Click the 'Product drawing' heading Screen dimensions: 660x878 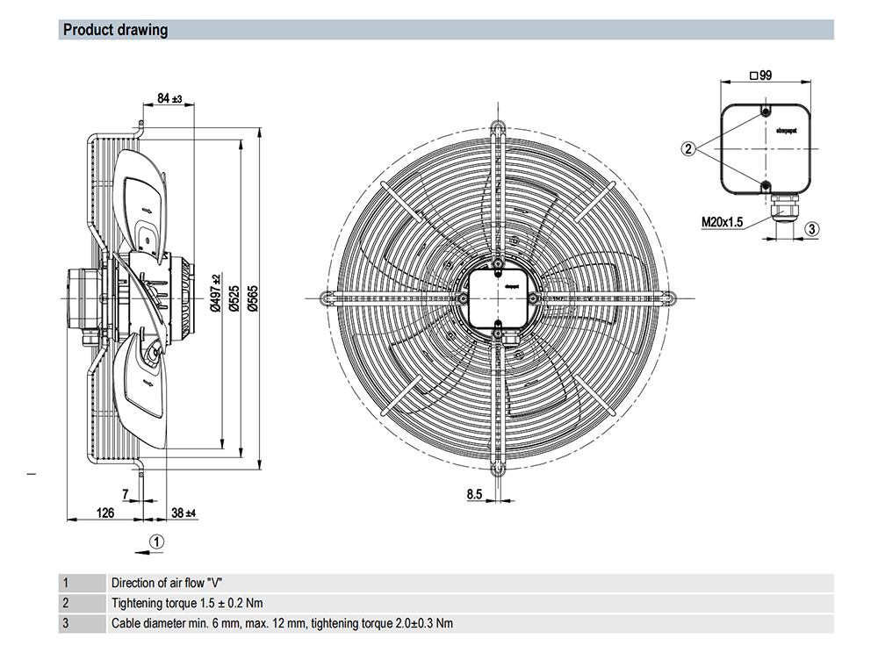point(115,31)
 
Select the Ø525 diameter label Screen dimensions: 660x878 point(234,298)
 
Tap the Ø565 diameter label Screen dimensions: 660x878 point(253,298)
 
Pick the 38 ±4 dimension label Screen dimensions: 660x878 point(184,513)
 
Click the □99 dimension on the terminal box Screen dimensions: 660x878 point(760,76)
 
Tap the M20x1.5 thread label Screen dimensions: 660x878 point(722,222)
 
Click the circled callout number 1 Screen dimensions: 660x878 point(155,541)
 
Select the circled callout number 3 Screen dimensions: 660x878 point(811,229)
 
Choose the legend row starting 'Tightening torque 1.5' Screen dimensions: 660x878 point(187,604)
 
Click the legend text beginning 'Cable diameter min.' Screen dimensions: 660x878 point(282,624)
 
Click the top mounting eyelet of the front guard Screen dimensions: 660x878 point(498,125)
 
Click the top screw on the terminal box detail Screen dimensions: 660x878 point(766,113)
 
